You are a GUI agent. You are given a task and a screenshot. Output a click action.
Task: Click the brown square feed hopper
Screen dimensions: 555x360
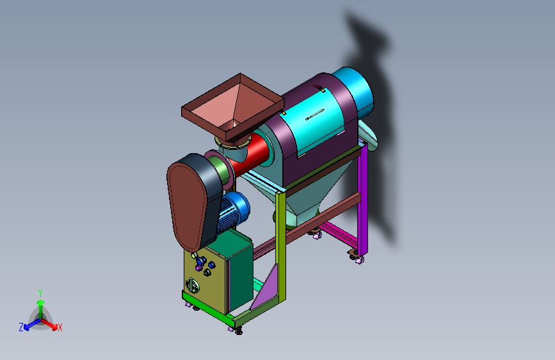[233, 106]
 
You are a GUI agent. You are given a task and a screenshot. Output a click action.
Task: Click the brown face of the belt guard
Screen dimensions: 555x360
[187, 206]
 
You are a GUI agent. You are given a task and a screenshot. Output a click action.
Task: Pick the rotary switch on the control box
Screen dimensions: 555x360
[192, 286]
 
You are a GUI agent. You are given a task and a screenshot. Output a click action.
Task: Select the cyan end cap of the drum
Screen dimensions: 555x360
[354, 90]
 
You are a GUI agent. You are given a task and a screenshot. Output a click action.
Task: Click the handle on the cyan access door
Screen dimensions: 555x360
[315, 115]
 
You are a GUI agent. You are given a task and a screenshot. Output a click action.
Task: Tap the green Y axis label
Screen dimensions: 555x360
[40, 293]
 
